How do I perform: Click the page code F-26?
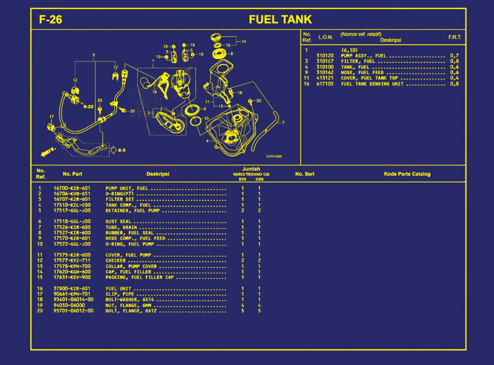pyautogui.click(x=50, y=19)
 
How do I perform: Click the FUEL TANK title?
pyautogui.click(x=280, y=19)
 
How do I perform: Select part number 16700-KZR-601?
pyautogui.click(x=72, y=188)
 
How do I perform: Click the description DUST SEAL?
pyautogui.click(x=118, y=222)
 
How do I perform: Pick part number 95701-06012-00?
pyautogui.click(x=73, y=311)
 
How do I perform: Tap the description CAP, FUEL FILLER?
pyautogui.click(x=128, y=272)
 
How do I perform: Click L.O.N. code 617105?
pyautogui.click(x=325, y=84)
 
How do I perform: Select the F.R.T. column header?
pyautogui.click(x=455, y=37)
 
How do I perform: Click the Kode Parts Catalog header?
pyautogui.click(x=407, y=174)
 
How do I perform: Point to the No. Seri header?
pyautogui.click(x=305, y=174)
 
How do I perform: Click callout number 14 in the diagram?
pyautogui.click(x=243, y=41)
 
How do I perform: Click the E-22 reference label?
pyautogui.click(x=88, y=107)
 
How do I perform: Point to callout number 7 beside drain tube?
pyautogui.click(x=283, y=123)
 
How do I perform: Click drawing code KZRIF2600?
pyautogui.click(x=274, y=156)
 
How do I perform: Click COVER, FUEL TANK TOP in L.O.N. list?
pyautogui.click(x=369, y=78)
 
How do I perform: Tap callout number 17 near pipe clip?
pyautogui.click(x=51, y=117)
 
